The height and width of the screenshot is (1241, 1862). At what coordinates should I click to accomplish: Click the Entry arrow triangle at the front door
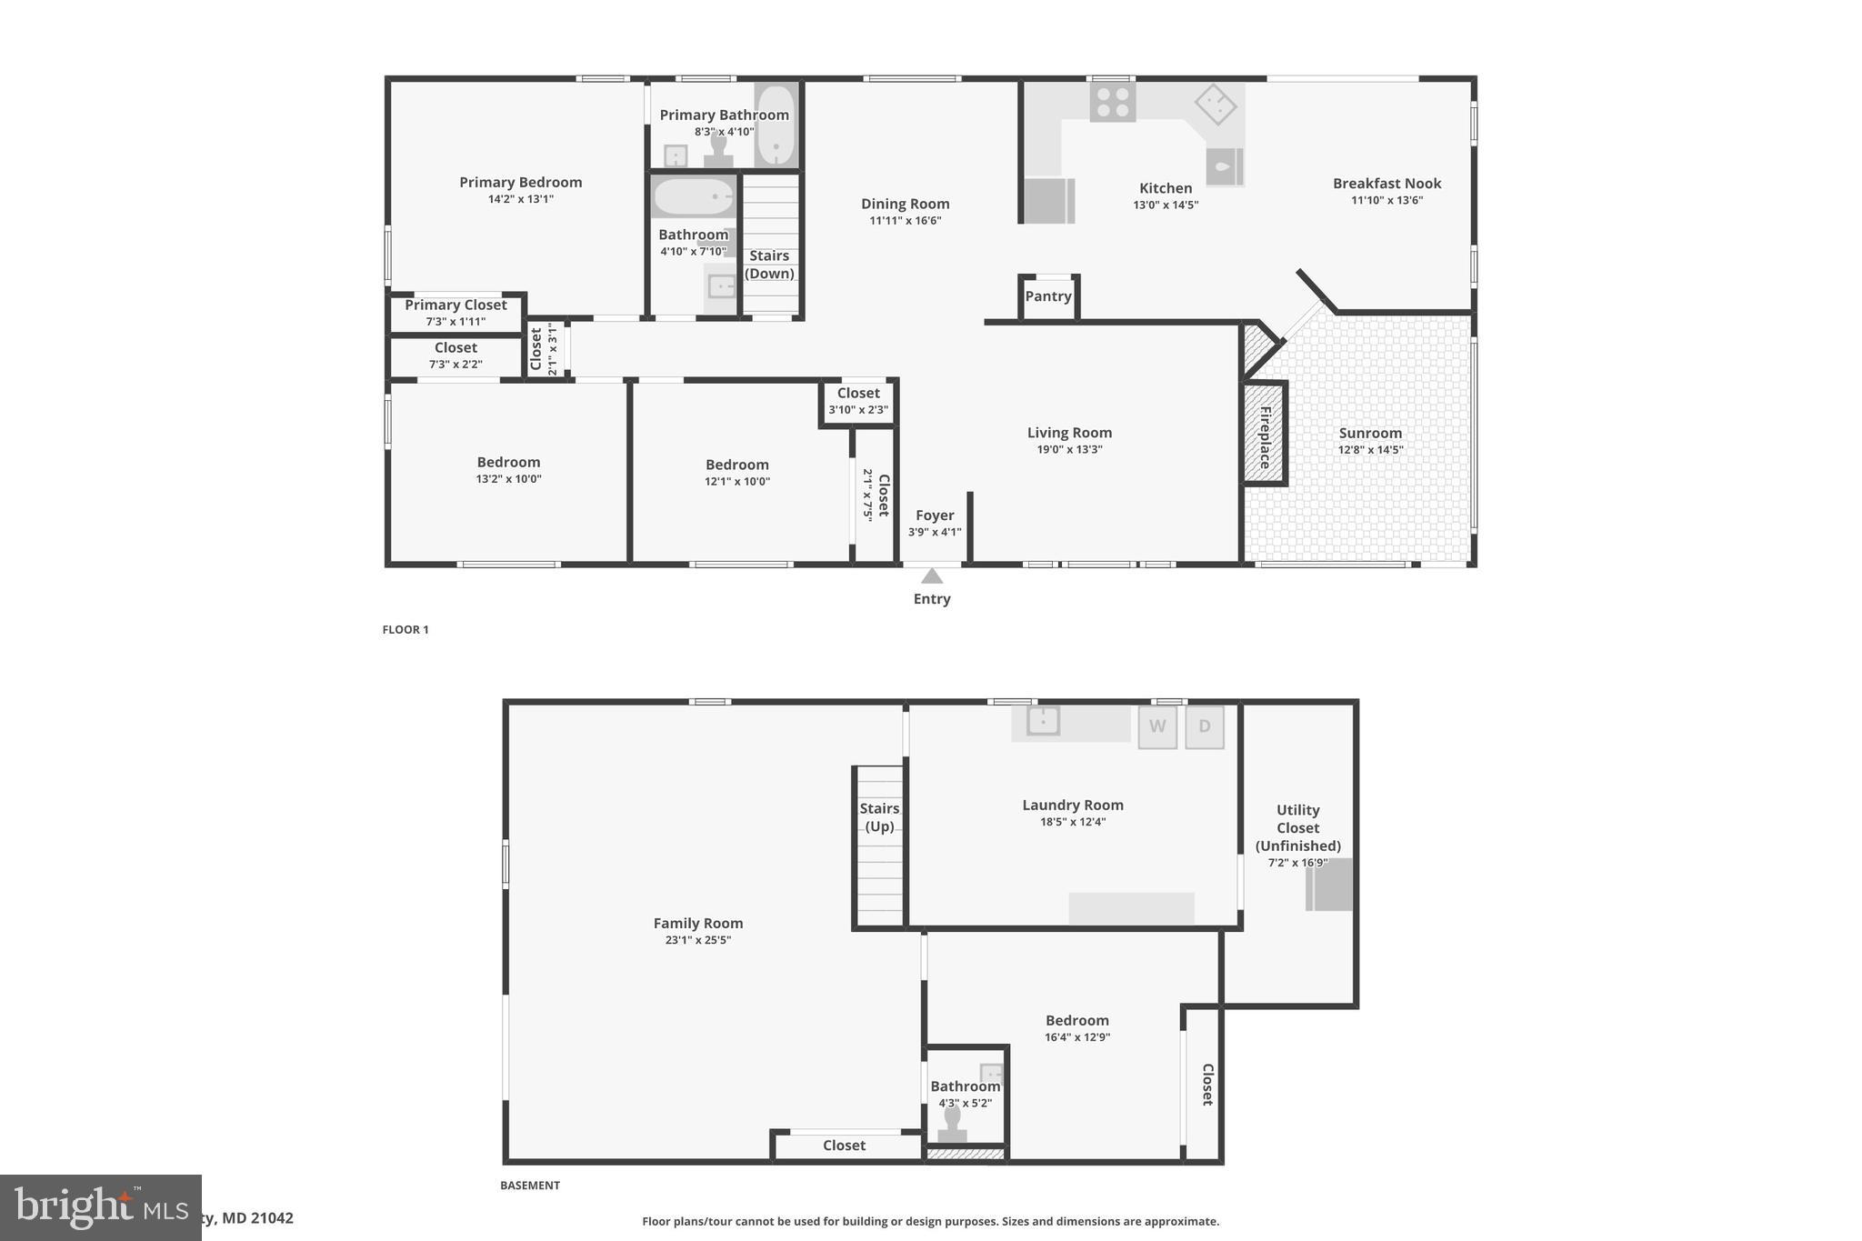point(931,575)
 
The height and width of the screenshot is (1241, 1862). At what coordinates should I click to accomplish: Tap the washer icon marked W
point(1157,726)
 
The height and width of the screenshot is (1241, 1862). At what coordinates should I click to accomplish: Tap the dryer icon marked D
point(1205,726)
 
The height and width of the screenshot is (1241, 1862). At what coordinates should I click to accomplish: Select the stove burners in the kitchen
point(1113,102)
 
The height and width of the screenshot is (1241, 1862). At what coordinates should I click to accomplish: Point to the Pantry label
point(1048,296)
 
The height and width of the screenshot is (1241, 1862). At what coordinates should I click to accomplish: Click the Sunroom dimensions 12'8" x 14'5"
point(1370,449)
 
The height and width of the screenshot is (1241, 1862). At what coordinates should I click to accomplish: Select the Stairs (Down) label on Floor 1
point(769,265)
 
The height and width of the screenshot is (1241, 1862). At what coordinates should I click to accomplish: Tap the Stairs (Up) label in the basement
point(879,817)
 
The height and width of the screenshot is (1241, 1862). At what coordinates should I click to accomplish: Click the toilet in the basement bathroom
point(952,1126)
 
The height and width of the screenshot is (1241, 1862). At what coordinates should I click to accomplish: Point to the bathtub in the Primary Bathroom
point(776,126)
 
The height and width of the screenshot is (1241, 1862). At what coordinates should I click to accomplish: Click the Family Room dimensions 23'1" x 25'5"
point(697,940)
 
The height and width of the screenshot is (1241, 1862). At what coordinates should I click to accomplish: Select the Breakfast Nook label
point(1386,184)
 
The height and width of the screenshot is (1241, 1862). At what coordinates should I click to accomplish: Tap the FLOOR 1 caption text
point(405,629)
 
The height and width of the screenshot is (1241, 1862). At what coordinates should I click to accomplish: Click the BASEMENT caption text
point(530,1185)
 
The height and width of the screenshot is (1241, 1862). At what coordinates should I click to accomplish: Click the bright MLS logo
point(100,1207)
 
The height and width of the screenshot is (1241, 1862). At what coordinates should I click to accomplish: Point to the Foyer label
point(935,515)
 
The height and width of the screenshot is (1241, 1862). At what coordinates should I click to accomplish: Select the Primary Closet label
point(455,305)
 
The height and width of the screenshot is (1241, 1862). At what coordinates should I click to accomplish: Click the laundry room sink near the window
point(1043,721)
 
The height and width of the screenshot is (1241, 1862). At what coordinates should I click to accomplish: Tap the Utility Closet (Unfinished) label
point(1297,827)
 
